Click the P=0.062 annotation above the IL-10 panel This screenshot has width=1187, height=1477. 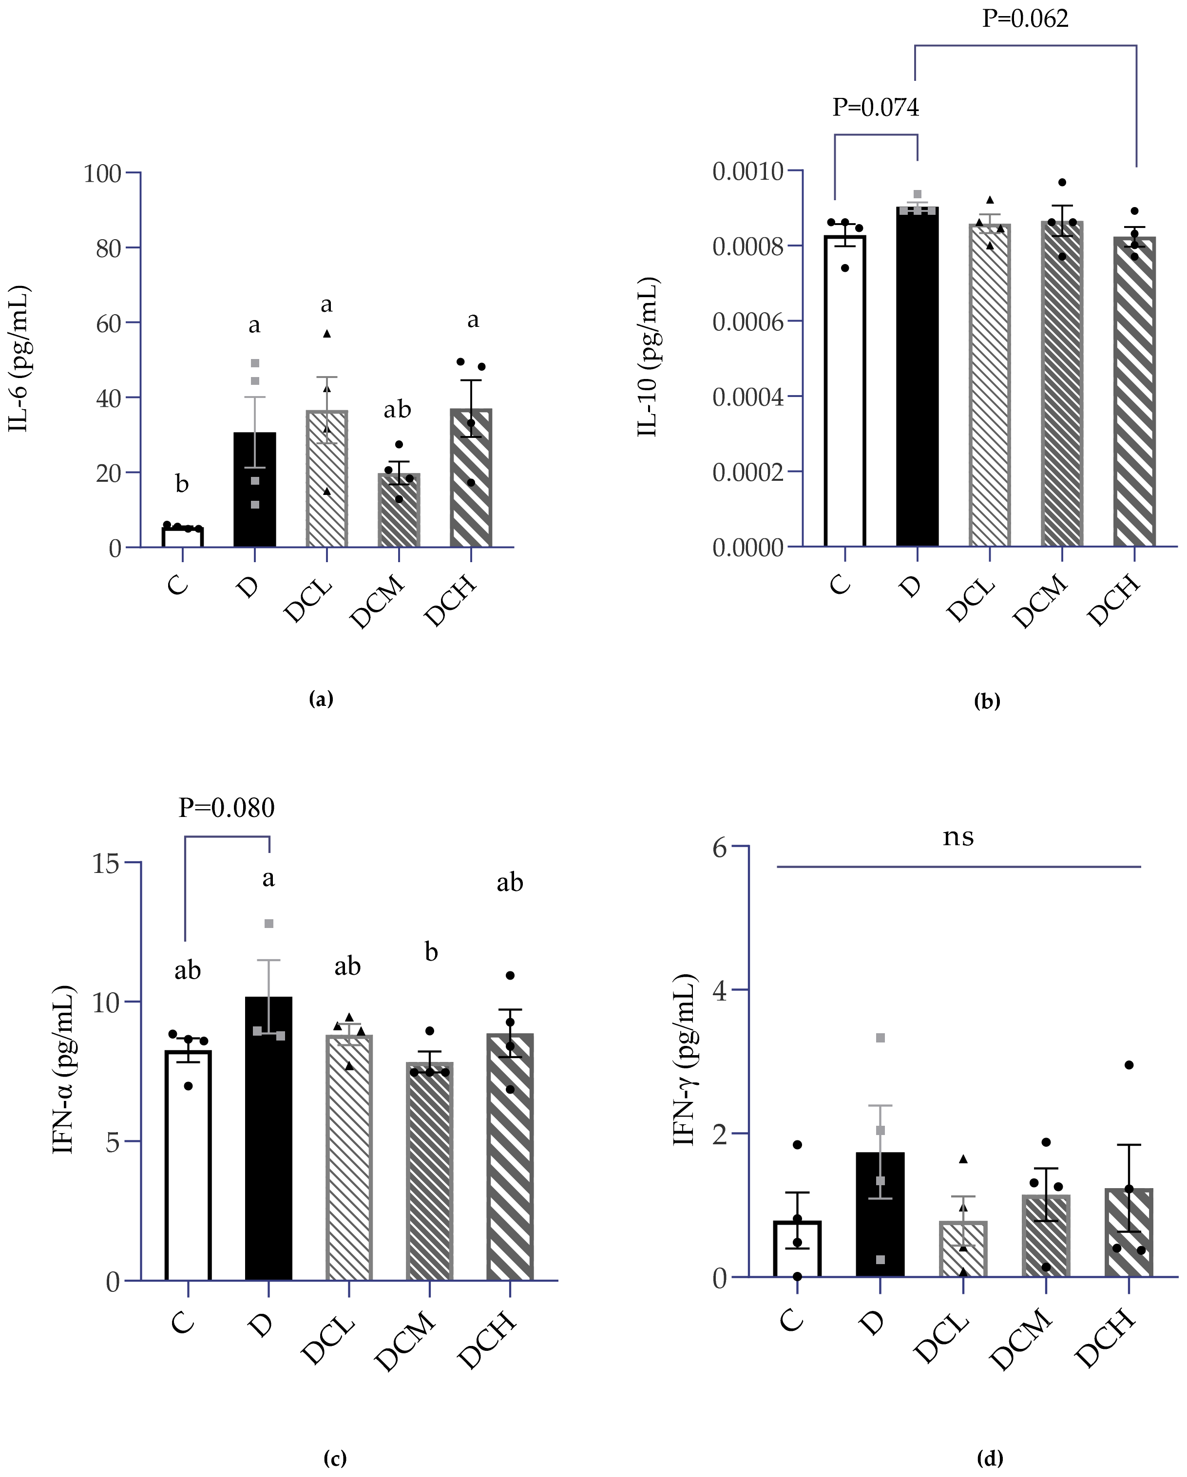pyautogui.click(x=1025, y=18)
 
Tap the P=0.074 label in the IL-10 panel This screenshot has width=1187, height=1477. pyautogui.click(x=875, y=108)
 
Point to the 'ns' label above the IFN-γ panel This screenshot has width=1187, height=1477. pyautogui.click(x=957, y=837)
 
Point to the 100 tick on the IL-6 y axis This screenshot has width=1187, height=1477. pyautogui.click(x=102, y=173)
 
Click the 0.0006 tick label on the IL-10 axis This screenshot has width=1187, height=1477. pyautogui.click(x=747, y=322)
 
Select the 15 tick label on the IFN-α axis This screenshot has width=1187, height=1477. pyautogui.click(x=106, y=863)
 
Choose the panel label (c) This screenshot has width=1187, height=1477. pyautogui.click(x=334, y=1458)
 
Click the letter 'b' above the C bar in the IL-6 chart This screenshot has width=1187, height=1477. pyautogui.click(x=182, y=484)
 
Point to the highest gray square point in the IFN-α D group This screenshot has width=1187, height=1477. pyautogui.click(x=268, y=924)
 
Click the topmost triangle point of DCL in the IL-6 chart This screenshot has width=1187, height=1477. pyautogui.click(x=327, y=334)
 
